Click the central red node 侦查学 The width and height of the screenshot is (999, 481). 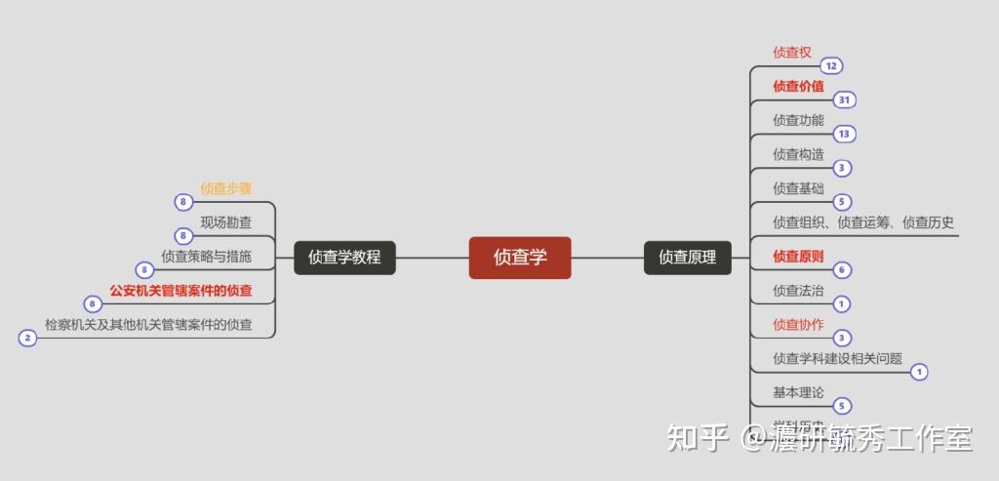click(519, 258)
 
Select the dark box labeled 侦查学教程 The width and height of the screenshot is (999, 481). click(344, 258)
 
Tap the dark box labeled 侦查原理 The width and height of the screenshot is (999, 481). click(687, 258)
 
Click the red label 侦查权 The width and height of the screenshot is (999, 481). click(792, 52)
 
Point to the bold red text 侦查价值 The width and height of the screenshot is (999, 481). click(798, 86)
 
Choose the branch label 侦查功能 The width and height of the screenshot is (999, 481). click(798, 120)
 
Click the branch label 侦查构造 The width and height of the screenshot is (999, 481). click(798, 154)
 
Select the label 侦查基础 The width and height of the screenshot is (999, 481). click(798, 188)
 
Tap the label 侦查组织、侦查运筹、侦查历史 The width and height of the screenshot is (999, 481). click(863, 222)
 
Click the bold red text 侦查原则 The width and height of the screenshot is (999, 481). click(798, 257)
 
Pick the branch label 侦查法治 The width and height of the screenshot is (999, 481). click(798, 291)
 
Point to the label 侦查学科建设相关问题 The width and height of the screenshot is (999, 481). click(837, 358)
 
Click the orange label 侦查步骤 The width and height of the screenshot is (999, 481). click(226, 188)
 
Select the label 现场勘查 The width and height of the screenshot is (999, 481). click(226, 222)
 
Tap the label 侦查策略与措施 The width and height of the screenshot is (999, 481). click(207, 257)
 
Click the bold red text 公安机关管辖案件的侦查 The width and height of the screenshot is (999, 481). click(181, 291)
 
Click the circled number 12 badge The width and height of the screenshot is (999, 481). click(831, 66)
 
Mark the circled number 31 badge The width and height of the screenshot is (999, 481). click(844, 100)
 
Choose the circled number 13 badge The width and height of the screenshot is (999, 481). click(844, 134)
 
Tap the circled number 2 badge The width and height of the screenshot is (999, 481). click(27, 339)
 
